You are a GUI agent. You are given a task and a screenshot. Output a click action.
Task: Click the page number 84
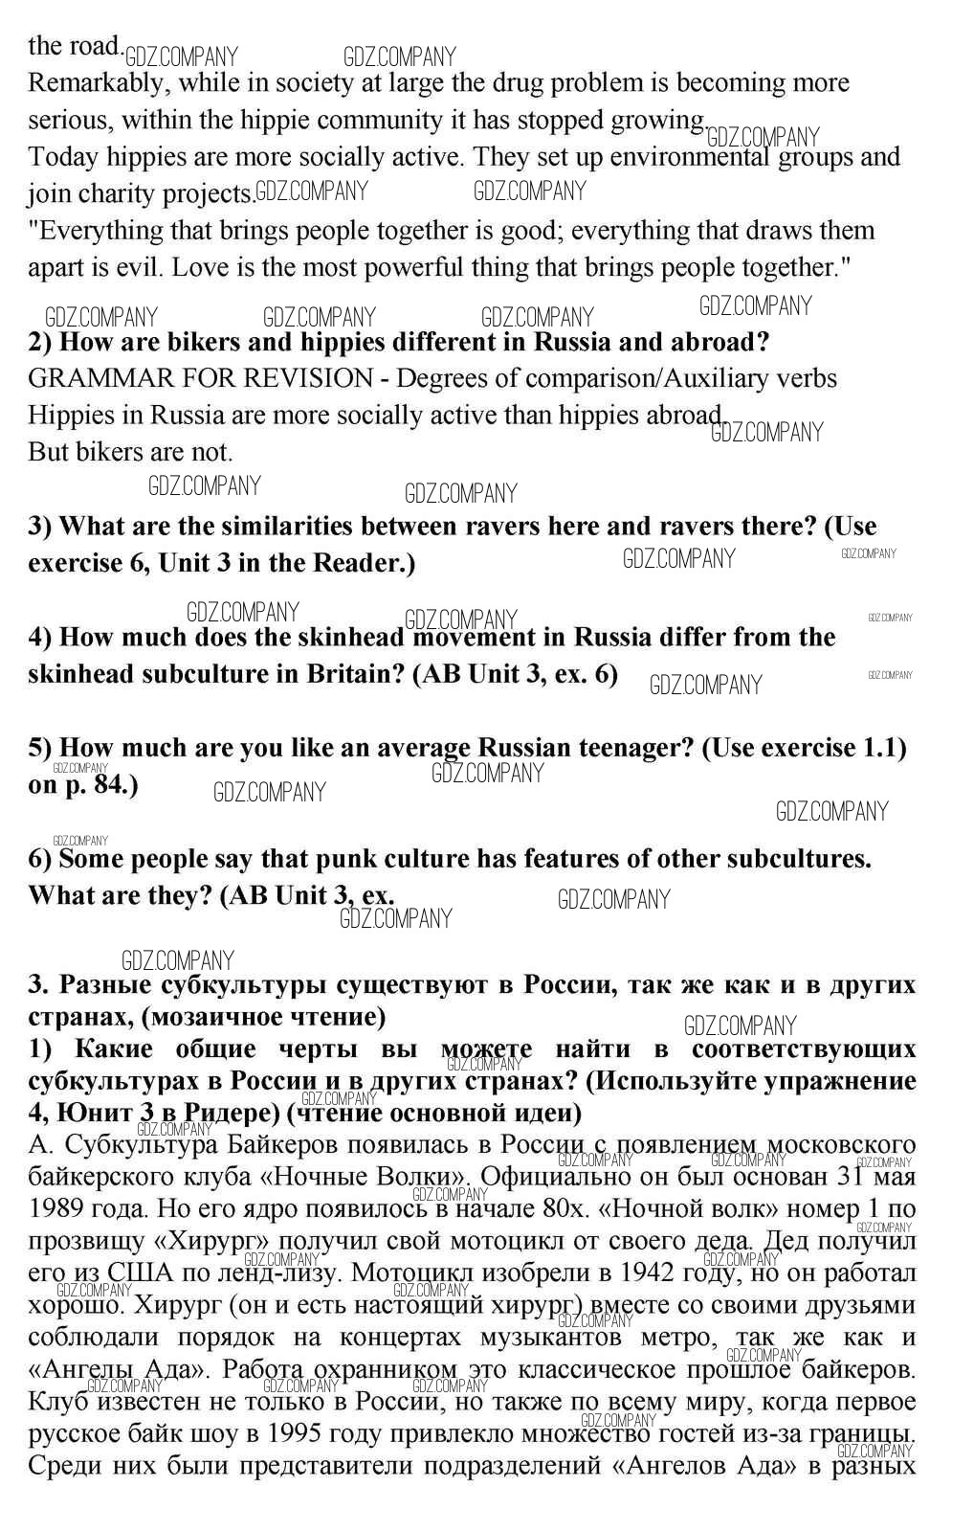111,785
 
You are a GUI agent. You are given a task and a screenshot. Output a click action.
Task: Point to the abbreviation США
141,1273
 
